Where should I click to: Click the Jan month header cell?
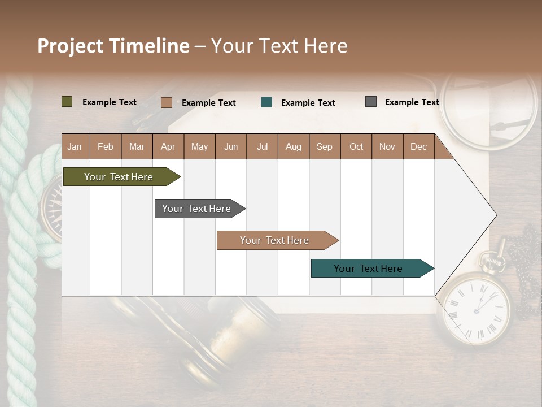[x=75, y=146]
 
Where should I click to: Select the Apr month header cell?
[x=168, y=146]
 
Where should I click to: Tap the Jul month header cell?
[x=262, y=146]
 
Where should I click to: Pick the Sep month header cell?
[x=325, y=146]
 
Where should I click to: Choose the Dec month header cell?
[x=418, y=146]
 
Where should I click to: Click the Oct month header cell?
[x=356, y=146]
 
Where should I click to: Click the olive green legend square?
[x=67, y=102]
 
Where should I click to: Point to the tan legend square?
[x=167, y=102]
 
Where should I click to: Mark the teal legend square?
[x=266, y=102]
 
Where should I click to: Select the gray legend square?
[x=371, y=102]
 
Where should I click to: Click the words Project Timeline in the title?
[x=113, y=46]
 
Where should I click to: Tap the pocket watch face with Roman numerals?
[x=474, y=308]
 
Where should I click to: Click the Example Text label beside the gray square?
[x=412, y=102]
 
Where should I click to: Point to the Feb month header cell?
[x=106, y=146]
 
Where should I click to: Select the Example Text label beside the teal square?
[x=308, y=103]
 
